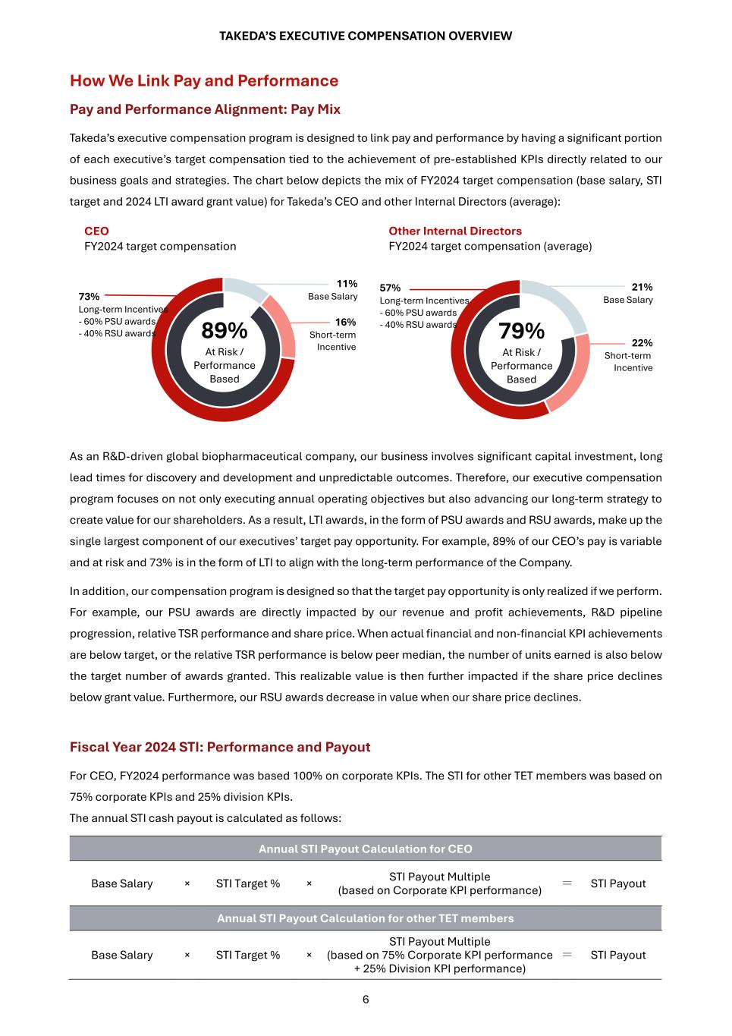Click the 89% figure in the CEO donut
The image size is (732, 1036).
(224, 331)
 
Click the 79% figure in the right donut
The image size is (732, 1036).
(521, 331)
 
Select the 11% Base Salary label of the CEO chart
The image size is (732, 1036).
(347, 284)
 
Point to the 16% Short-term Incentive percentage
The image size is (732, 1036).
(345, 322)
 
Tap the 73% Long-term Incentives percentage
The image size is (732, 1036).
(89, 296)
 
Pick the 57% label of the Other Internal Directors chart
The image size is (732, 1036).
(390, 288)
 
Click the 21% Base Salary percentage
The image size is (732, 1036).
(642, 287)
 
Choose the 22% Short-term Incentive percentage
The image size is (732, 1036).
(642, 342)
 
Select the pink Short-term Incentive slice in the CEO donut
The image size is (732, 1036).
(282, 326)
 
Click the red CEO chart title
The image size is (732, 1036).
(96, 231)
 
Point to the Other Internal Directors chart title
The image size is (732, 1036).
(455, 231)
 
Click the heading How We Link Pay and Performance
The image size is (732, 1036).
(204, 80)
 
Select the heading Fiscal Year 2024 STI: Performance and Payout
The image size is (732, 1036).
(220, 747)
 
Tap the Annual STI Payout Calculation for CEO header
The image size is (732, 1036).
(365, 849)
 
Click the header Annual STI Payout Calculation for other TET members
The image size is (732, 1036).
(365, 918)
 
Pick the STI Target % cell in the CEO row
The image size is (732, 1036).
(248, 883)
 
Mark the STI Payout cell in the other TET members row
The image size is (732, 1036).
(618, 955)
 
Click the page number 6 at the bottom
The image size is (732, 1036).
(366, 1000)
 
